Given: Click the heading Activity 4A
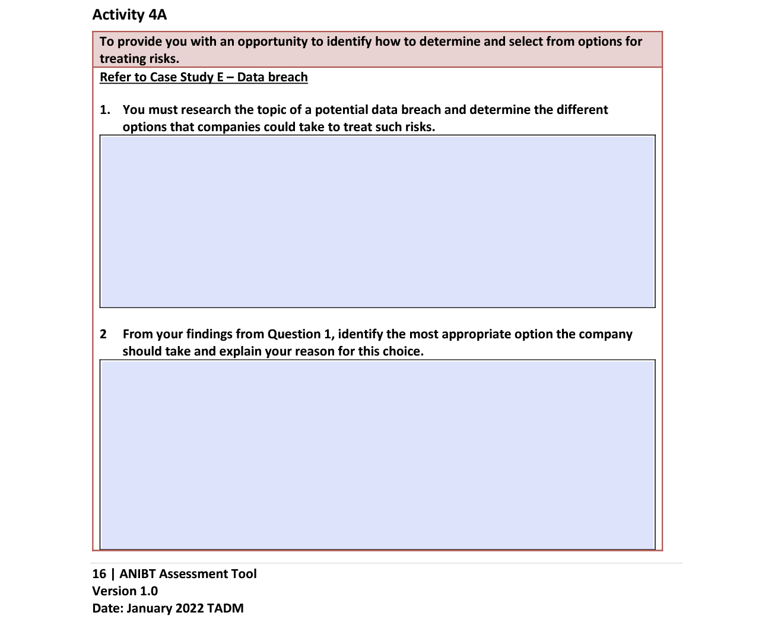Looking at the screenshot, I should tap(129, 15).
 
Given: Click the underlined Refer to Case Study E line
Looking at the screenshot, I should tap(204, 77).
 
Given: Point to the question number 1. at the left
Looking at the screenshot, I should tap(105, 110).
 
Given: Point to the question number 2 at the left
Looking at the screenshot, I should tap(103, 334).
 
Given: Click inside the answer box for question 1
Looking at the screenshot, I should tap(377, 221).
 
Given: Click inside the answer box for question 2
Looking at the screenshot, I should tap(377, 455).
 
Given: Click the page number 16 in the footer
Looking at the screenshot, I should tap(99, 574).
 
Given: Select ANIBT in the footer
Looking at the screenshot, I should tap(138, 574).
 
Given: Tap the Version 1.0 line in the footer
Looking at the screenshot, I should tap(125, 591).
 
